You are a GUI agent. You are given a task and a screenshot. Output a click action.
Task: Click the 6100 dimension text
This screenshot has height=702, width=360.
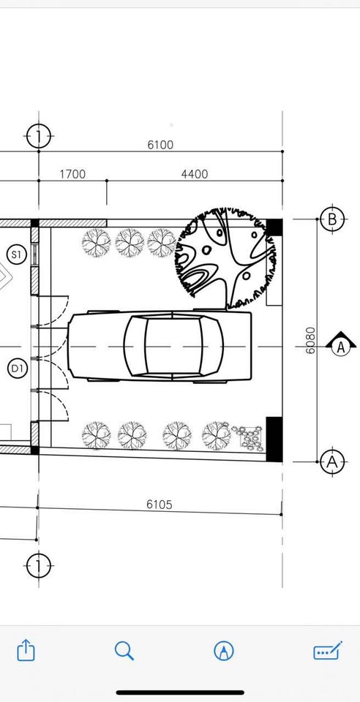pyautogui.click(x=160, y=145)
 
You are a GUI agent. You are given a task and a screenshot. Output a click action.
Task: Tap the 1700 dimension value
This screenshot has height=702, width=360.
pyautogui.click(x=72, y=174)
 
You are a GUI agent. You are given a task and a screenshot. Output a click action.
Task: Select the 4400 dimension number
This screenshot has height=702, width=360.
pyautogui.click(x=195, y=174)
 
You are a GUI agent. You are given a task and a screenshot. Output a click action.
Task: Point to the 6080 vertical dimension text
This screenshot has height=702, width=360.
pyautogui.click(x=310, y=340)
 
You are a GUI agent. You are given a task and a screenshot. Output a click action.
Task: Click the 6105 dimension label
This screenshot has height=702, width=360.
pyautogui.click(x=160, y=505)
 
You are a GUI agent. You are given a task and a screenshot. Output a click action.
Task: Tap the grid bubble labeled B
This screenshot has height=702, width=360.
pyautogui.click(x=331, y=219)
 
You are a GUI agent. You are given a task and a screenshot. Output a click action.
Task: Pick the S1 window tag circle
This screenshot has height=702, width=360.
pyautogui.click(x=17, y=254)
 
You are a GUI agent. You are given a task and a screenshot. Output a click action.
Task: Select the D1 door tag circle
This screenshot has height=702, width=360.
pyautogui.click(x=18, y=369)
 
